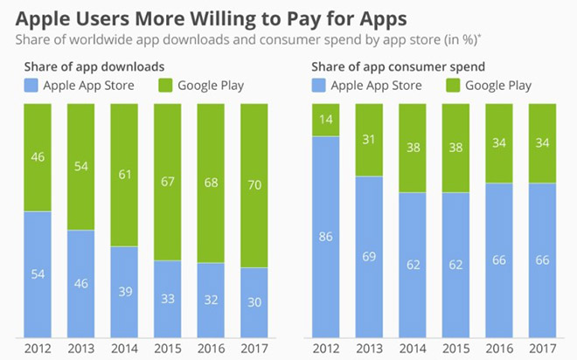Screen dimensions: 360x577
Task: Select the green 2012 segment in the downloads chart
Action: coord(37,157)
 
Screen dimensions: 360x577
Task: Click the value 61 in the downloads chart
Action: coord(126,174)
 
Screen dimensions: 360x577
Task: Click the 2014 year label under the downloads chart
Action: coord(126,348)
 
